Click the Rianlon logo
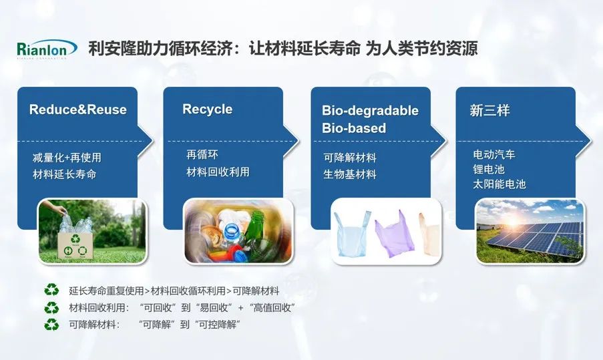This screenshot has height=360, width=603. coord(47,49)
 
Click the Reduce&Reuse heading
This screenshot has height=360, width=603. coord(78,110)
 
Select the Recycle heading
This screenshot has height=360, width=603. coord(207,110)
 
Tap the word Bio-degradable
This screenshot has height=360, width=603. coord(371,111)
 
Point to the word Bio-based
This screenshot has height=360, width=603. coord(354,128)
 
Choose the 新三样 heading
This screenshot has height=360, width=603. coord(489,111)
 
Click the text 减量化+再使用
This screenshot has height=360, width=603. coord(67,158)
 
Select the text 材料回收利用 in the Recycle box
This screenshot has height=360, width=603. coord(218,172)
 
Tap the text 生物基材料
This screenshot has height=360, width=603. coord(350,174)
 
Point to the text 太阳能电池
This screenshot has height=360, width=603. coord(499,184)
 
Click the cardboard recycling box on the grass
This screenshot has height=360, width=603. coord(75,245)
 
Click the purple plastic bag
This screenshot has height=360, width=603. coord(394,234)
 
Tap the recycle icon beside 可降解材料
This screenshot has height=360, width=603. coord(51,325)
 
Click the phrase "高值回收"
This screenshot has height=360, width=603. coord(272,308)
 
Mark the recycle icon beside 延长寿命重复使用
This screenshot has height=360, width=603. coord(51,290)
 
